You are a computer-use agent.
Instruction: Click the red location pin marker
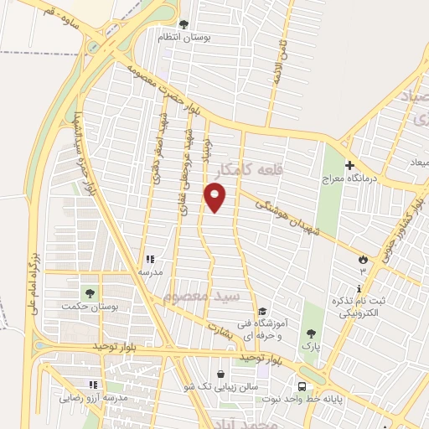(215, 197)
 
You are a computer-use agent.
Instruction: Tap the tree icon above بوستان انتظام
(184, 23)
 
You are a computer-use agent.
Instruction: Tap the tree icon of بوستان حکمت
(90, 293)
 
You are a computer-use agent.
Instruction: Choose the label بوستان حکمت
(90, 307)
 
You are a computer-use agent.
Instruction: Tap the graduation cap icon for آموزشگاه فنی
(262, 312)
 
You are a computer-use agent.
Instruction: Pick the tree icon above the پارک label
(312, 334)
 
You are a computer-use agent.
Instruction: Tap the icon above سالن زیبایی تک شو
(220, 375)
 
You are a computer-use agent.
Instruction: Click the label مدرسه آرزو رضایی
(92, 398)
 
